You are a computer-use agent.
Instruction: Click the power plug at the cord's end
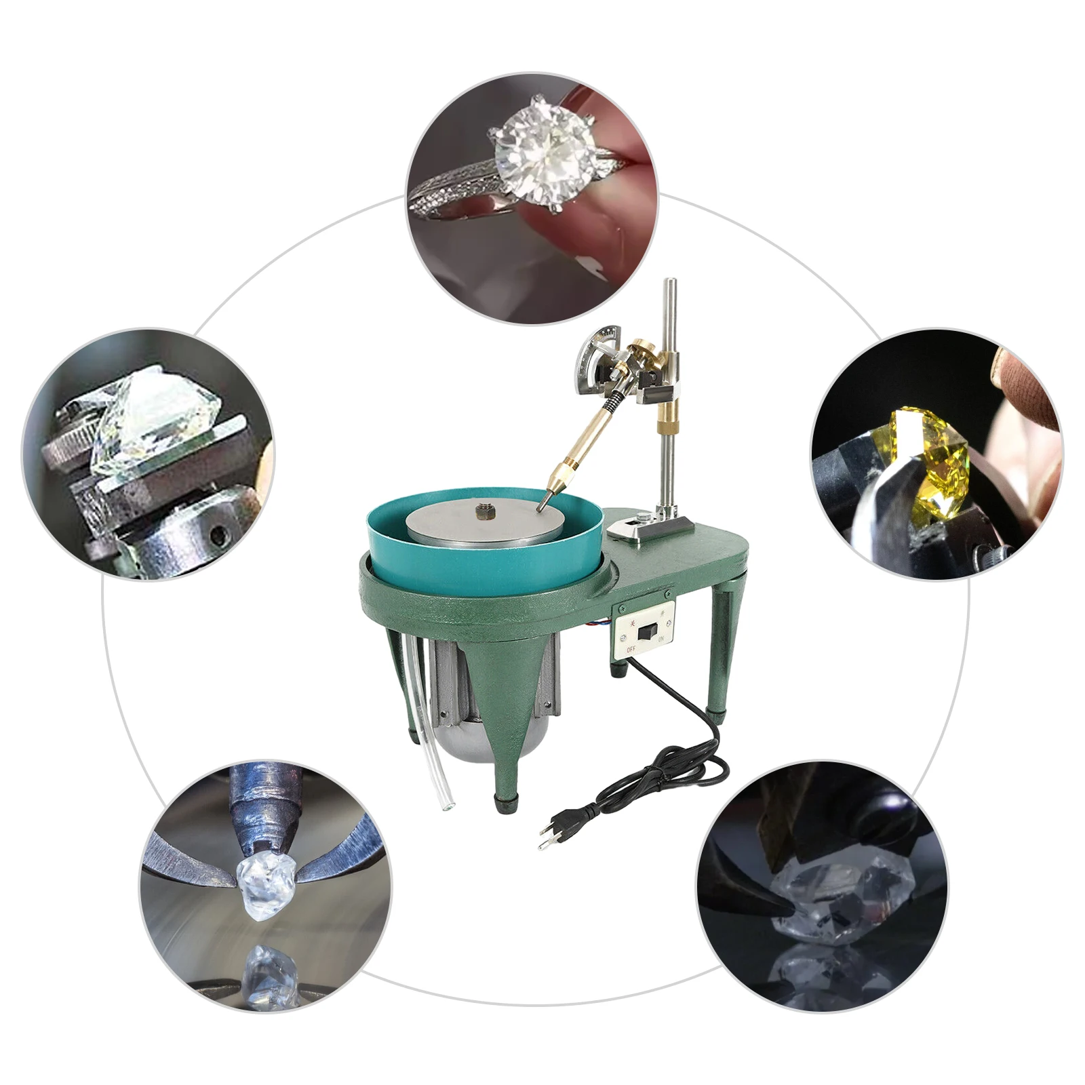551,833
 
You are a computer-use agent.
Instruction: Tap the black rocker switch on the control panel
647,632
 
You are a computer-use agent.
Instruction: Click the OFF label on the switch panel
631,649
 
